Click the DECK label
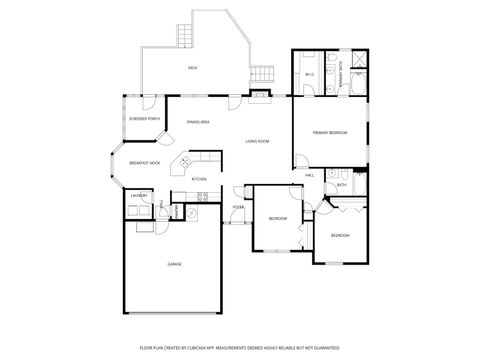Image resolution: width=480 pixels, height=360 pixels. pyautogui.click(x=192, y=68)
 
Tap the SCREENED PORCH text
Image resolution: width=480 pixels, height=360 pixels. pyautogui.click(x=144, y=118)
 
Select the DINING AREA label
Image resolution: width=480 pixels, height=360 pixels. pyautogui.click(x=197, y=122)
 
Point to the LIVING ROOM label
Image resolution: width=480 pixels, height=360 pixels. pyautogui.click(x=257, y=141)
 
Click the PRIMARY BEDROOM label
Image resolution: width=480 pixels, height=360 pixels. pyautogui.click(x=329, y=132)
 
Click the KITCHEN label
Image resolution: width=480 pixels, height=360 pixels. pyautogui.click(x=199, y=179)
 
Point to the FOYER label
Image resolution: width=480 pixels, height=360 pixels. pyautogui.click(x=238, y=208)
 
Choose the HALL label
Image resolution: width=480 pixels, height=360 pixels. pyautogui.click(x=309, y=175)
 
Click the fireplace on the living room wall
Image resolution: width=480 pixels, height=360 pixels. pyautogui.click(x=261, y=96)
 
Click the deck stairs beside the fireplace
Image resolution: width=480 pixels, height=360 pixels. pyautogui.click(x=263, y=75)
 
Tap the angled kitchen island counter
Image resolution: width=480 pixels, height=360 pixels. pyautogui.click(x=185, y=163)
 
